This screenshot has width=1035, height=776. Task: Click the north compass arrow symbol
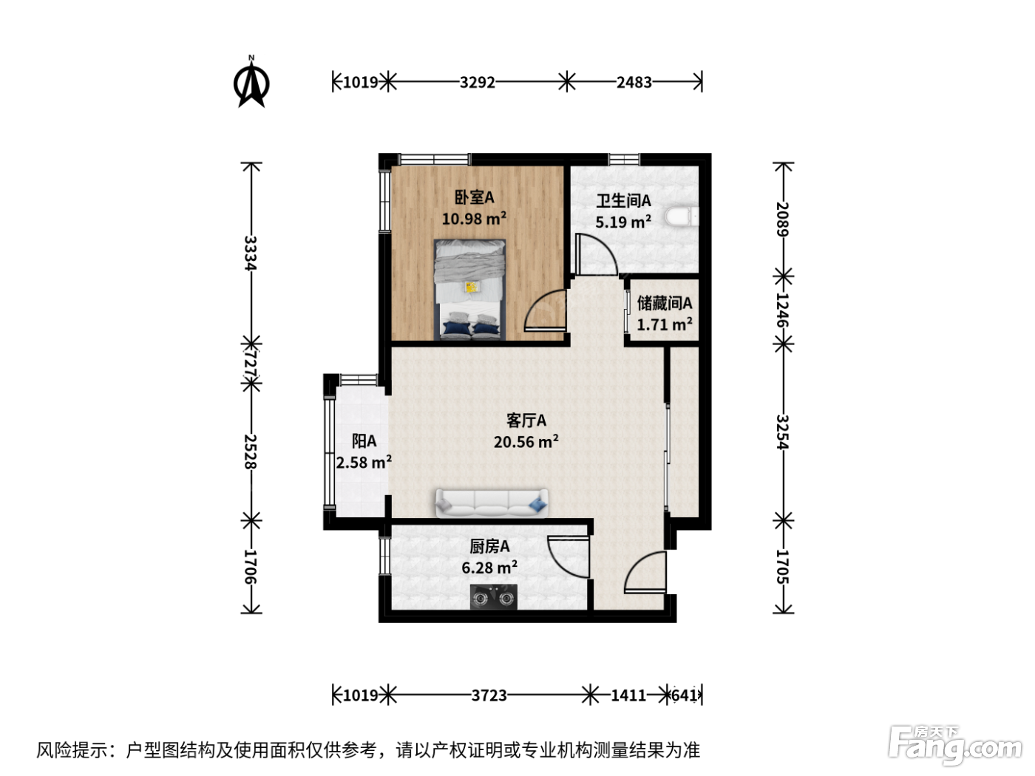(x=251, y=83)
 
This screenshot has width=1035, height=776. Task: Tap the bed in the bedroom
(x=469, y=289)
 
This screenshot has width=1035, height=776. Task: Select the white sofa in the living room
(x=492, y=503)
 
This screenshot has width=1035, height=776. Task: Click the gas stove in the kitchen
(x=493, y=597)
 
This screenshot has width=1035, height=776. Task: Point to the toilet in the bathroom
(x=682, y=217)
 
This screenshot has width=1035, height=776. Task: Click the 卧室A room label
(x=474, y=197)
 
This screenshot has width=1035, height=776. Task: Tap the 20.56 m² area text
(x=526, y=441)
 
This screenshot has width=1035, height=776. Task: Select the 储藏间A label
(x=665, y=303)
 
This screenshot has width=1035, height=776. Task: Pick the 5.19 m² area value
(x=623, y=222)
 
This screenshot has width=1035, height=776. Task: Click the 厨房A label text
(x=489, y=547)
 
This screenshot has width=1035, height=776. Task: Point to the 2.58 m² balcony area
(x=364, y=462)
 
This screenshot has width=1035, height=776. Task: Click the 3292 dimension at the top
(x=477, y=83)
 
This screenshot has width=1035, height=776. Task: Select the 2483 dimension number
(x=634, y=83)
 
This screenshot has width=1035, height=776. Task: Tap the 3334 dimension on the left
(x=251, y=253)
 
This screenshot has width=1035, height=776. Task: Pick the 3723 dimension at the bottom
(x=489, y=695)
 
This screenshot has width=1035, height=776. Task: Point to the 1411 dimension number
(x=628, y=695)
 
